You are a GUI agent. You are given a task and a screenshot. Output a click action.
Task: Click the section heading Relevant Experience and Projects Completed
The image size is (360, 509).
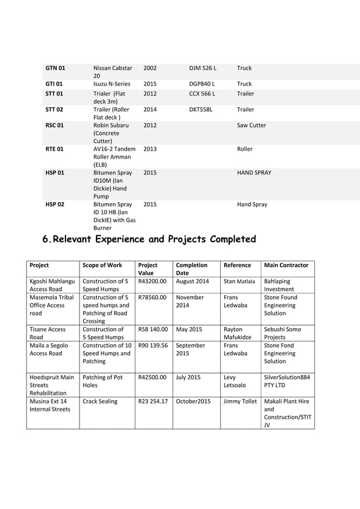point(150,239)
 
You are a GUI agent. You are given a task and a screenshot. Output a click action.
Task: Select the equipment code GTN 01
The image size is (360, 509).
point(55,68)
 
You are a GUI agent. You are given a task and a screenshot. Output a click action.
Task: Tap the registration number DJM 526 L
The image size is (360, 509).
point(203,68)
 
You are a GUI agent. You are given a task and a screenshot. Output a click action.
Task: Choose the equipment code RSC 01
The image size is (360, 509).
point(55,125)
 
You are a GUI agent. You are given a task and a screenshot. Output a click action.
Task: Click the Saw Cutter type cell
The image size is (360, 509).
point(251,125)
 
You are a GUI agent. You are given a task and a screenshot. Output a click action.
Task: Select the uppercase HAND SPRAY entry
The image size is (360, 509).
point(254,173)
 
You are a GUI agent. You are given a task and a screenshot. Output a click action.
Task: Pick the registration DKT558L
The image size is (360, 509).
point(201,109)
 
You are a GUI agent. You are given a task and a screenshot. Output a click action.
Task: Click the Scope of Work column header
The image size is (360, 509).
point(102,265)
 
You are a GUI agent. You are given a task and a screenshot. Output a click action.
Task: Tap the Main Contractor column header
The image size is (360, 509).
point(286,265)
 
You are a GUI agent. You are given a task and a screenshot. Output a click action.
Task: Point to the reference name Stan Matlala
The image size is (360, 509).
point(239,280)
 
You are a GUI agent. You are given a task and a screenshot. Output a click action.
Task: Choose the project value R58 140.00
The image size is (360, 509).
point(153,328)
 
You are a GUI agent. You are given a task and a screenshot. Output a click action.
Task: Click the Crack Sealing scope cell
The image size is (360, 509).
point(100,401)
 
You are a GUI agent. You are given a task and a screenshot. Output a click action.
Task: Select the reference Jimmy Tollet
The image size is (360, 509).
point(240,401)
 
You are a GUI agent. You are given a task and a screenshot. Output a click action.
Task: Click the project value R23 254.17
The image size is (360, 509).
point(153,401)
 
